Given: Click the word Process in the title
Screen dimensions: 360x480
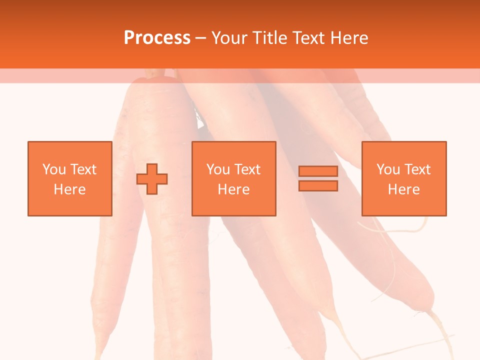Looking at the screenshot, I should tap(157, 38).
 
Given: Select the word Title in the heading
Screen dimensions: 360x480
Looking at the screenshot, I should tap(270, 38).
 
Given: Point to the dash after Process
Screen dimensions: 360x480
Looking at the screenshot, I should tap(200, 38).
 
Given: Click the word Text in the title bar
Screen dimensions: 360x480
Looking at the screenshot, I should tap(308, 38).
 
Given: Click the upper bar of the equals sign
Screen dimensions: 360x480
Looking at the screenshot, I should tap(318, 171).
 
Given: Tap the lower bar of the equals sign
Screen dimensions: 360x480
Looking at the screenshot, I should tap(318, 185).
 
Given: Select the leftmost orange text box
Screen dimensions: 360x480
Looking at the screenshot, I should tap(69, 178).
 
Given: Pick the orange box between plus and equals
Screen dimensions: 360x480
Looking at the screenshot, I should tap(233, 178).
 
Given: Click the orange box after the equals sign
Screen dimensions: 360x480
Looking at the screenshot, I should tap(403, 178).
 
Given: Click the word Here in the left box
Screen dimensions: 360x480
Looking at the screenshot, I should tap(69, 189).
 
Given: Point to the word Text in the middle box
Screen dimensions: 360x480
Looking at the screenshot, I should tap(247, 169).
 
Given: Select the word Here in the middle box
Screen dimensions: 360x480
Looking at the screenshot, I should tap(233, 189).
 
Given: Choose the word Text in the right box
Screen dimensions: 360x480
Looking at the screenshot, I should tap(417, 169).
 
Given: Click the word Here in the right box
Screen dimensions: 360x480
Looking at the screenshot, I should tap(403, 189).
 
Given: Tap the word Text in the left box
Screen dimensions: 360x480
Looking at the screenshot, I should tap(83, 169).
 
